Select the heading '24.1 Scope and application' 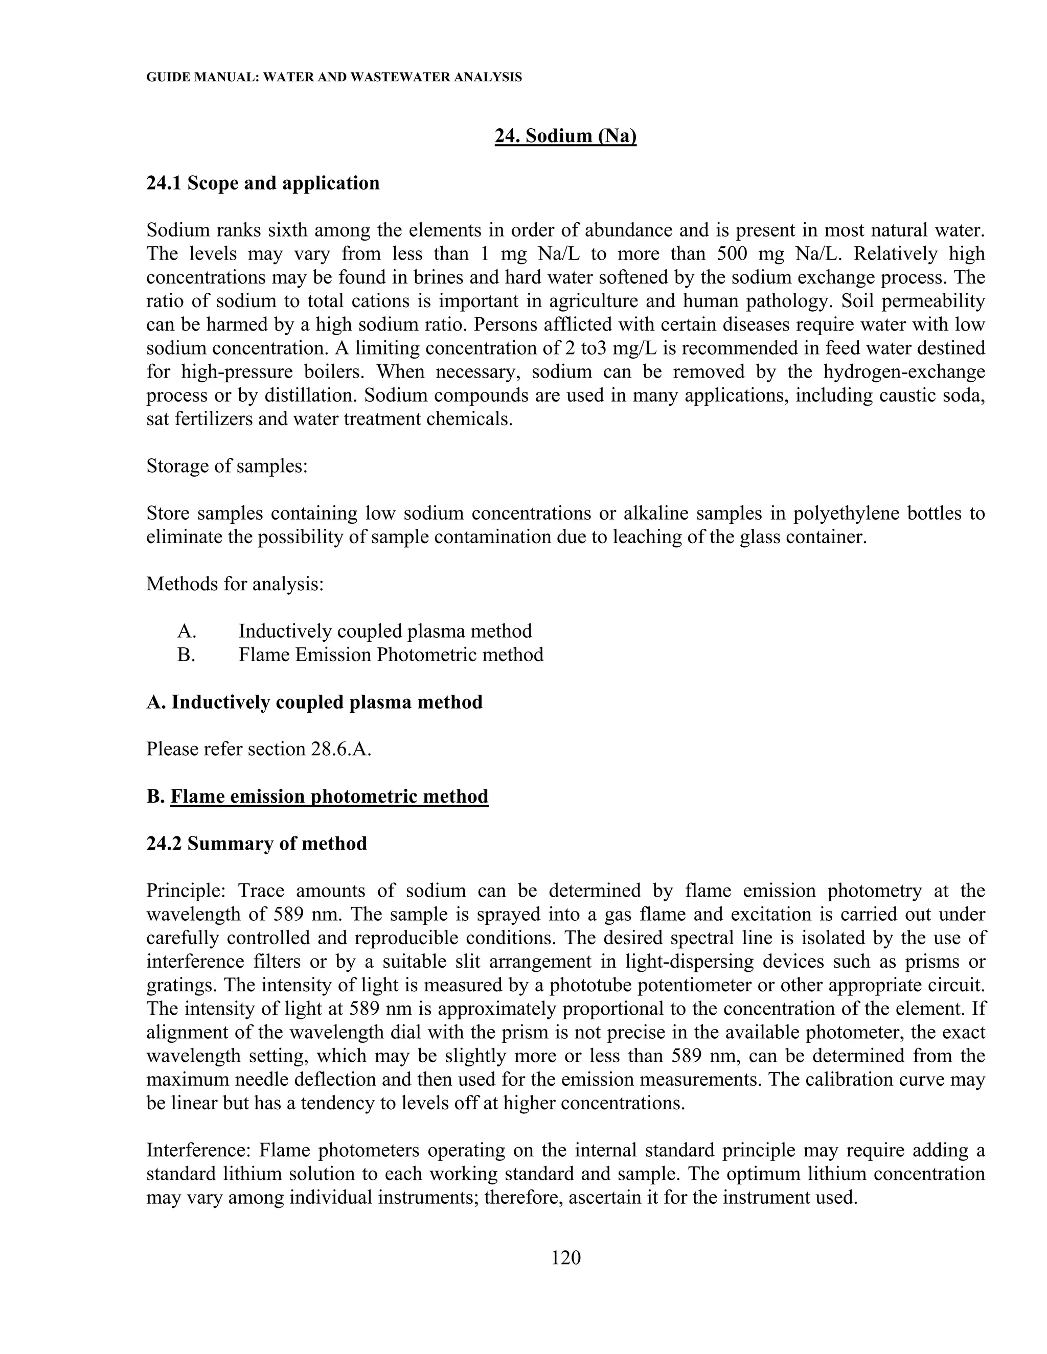click(x=263, y=183)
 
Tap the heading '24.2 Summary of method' click(x=257, y=844)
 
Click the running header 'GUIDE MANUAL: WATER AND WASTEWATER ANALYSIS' click(x=334, y=78)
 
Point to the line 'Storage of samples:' click(x=227, y=465)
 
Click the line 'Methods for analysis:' click(x=235, y=584)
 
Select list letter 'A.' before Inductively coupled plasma click(x=187, y=631)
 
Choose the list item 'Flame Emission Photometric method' click(x=391, y=655)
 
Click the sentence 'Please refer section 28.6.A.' click(x=259, y=749)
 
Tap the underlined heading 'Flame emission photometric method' click(x=329, y=797)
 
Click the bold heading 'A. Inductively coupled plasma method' click(x=314, y=703)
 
